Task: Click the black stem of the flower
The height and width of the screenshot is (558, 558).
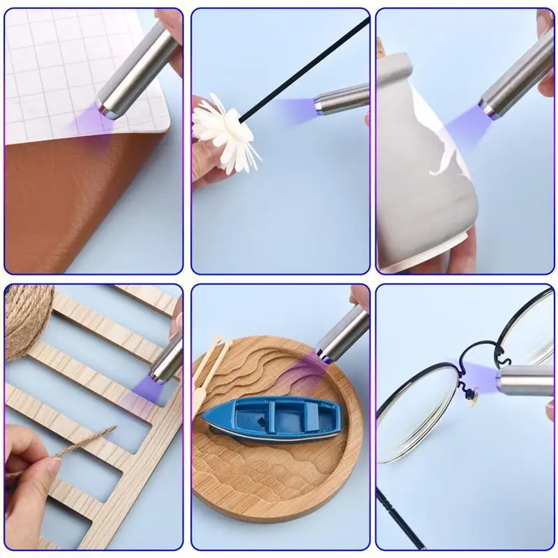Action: tap(307, 70)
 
